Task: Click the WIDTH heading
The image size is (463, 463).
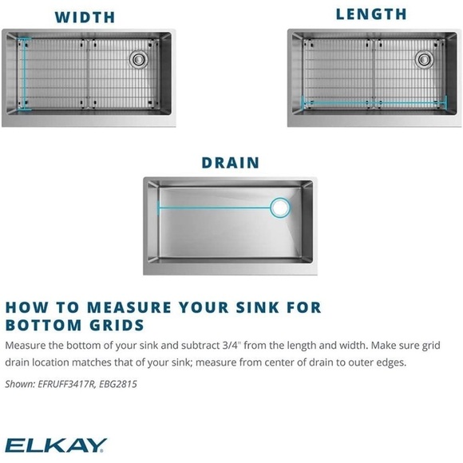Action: tap(85, 17)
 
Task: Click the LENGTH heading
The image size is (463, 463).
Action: tap(371, 14)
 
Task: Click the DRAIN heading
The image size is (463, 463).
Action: tap(230, 163)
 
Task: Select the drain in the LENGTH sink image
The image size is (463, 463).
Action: tap(424, 58)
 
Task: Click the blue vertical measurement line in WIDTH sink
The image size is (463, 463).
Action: tap(22, 75)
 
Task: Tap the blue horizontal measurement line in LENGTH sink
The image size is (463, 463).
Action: tap(371, 102)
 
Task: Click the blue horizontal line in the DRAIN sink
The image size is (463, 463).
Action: tap(216, 208)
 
